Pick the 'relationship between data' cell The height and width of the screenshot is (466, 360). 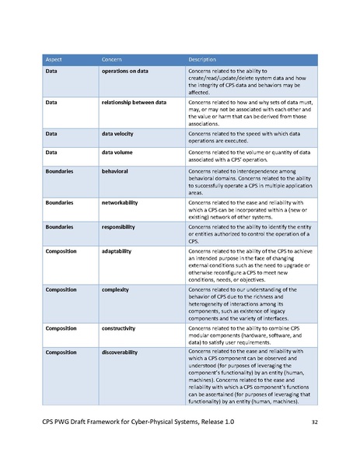[x=135, y=102]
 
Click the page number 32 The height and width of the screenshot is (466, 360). [x=315, y=422]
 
